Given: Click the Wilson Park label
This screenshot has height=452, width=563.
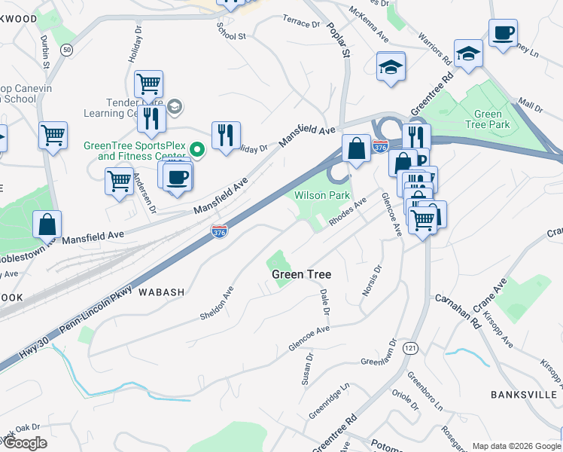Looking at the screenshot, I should [x=321, y=195].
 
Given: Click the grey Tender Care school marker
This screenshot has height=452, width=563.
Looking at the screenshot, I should [x=175, y=106].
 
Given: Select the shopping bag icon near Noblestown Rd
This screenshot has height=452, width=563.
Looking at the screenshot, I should [x=47, y=224].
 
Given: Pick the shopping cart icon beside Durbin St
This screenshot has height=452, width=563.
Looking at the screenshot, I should [x=53, y=136].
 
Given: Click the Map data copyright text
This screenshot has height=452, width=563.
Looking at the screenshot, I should [x=516, y=446].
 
